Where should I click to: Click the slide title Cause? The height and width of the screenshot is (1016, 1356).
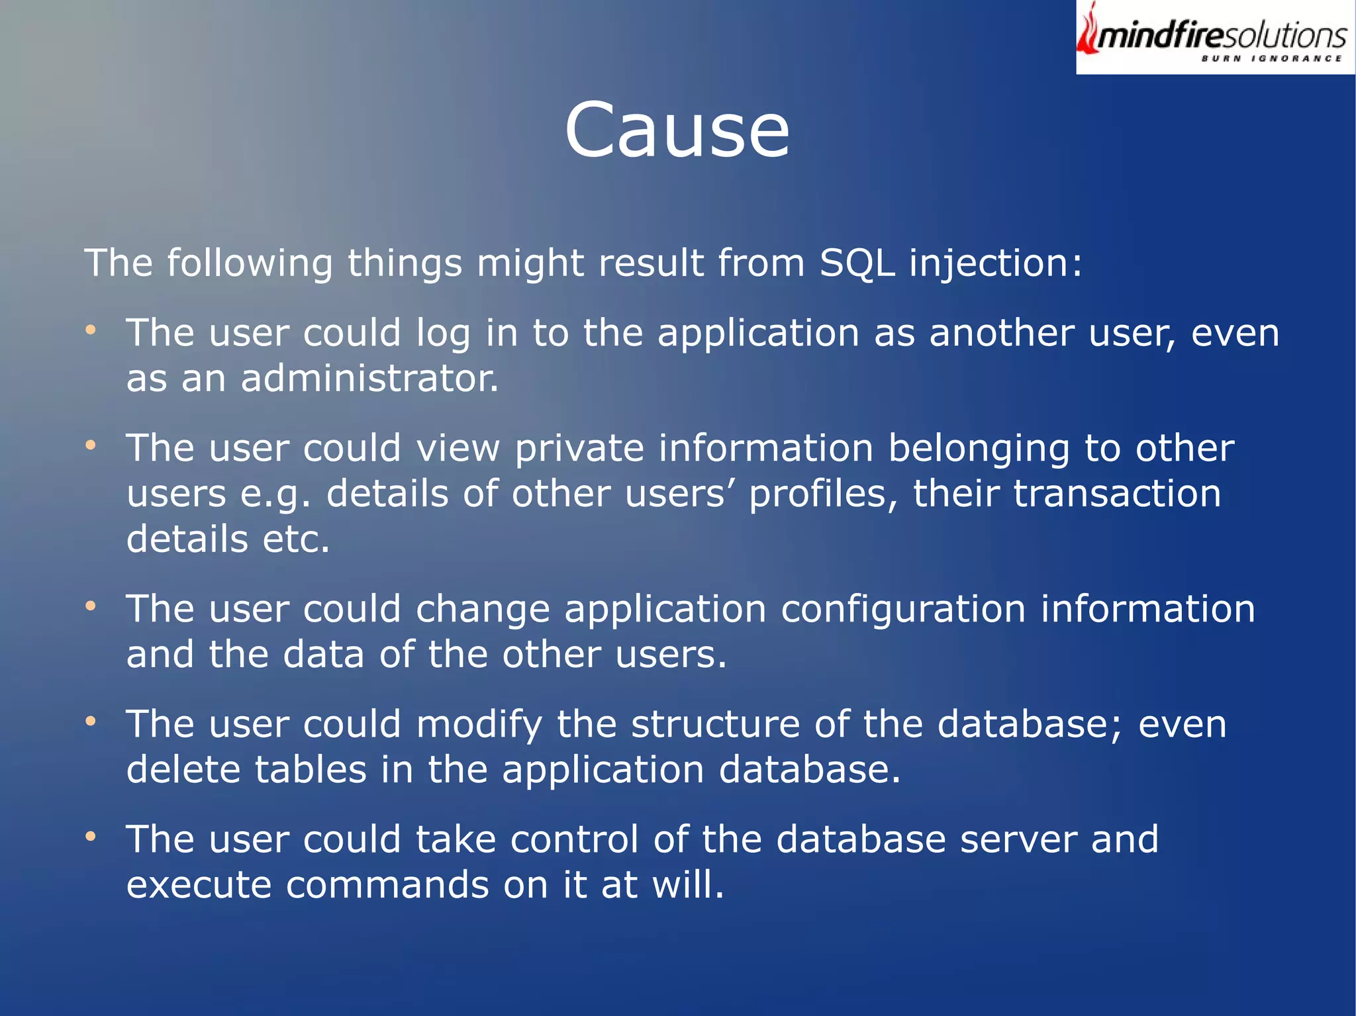tap(677, 130)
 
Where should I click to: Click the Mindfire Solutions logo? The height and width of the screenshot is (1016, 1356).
tap(1215, 37)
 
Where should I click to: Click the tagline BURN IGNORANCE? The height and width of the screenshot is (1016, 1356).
tap(1271, 59)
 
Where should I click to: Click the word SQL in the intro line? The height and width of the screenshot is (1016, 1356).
tap(857, 263)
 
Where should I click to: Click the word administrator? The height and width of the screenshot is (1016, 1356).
tap(369, 379)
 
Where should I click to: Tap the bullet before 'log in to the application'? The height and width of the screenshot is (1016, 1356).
tap(91, 329)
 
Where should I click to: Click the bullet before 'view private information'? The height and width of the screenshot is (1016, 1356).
tap(91, 445)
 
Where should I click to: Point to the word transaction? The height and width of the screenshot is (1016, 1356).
tap(1117, 494)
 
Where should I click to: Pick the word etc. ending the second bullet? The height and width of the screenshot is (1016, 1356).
tap(296, 539)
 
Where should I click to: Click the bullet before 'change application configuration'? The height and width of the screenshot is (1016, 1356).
tap(91, 606)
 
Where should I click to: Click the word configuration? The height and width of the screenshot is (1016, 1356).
tap(903, 611)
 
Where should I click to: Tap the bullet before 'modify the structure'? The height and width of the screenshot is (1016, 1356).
tap(91, 721)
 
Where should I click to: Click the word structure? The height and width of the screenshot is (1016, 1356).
tap(715, 724)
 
